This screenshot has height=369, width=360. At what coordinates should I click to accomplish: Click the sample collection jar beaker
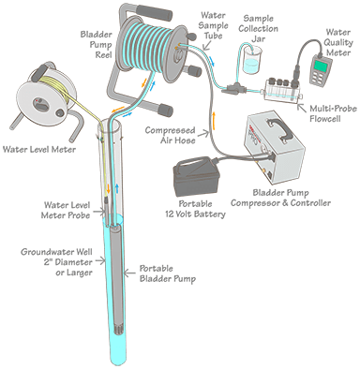pyautogui.click(x=252, y=61)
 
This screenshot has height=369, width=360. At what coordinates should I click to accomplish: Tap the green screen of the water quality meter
pyautogui.click(x=321, y=66)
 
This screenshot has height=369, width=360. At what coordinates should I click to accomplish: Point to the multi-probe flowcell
pyautogui.click(x=282, y=90)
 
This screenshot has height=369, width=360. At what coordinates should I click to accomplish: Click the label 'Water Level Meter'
pyautogui.click(x=39, y=149)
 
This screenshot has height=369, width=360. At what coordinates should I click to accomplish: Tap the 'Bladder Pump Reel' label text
pyautogui.click(x=96, y=44)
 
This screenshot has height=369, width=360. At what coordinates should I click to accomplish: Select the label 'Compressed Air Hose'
pyautogui.click(x=170, y=135)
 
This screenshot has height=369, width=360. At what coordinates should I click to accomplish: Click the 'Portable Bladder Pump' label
pyautogui.click(x=167, y=273)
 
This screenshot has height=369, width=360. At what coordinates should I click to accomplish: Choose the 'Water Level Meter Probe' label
pyautogui.click(x=67, y=210)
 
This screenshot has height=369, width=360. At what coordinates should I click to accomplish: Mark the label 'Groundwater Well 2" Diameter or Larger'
pyautogui.click(x=57, y=262)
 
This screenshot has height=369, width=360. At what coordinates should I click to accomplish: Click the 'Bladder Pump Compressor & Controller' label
pyautogui.click(x=280, y=198)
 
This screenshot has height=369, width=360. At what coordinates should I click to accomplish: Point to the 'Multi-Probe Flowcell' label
pyautogui.click(x=333, y=113)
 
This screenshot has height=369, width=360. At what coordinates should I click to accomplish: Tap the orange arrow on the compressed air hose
pyautogui.click(x=215, y=120)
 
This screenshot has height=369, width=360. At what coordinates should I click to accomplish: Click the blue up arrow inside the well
pyautogui.click(x=116, y=188)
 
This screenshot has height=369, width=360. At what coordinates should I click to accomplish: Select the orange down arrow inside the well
pyautogui.click(x=109, y=188)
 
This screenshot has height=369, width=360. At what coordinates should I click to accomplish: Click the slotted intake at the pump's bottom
pyautogui.click(x=118, y=329)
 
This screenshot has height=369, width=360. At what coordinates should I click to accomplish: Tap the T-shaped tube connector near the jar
pyautogui.click(x=233, y=88)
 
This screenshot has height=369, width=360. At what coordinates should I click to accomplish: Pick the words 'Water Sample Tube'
pyautogui.click(x=214, y=25)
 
